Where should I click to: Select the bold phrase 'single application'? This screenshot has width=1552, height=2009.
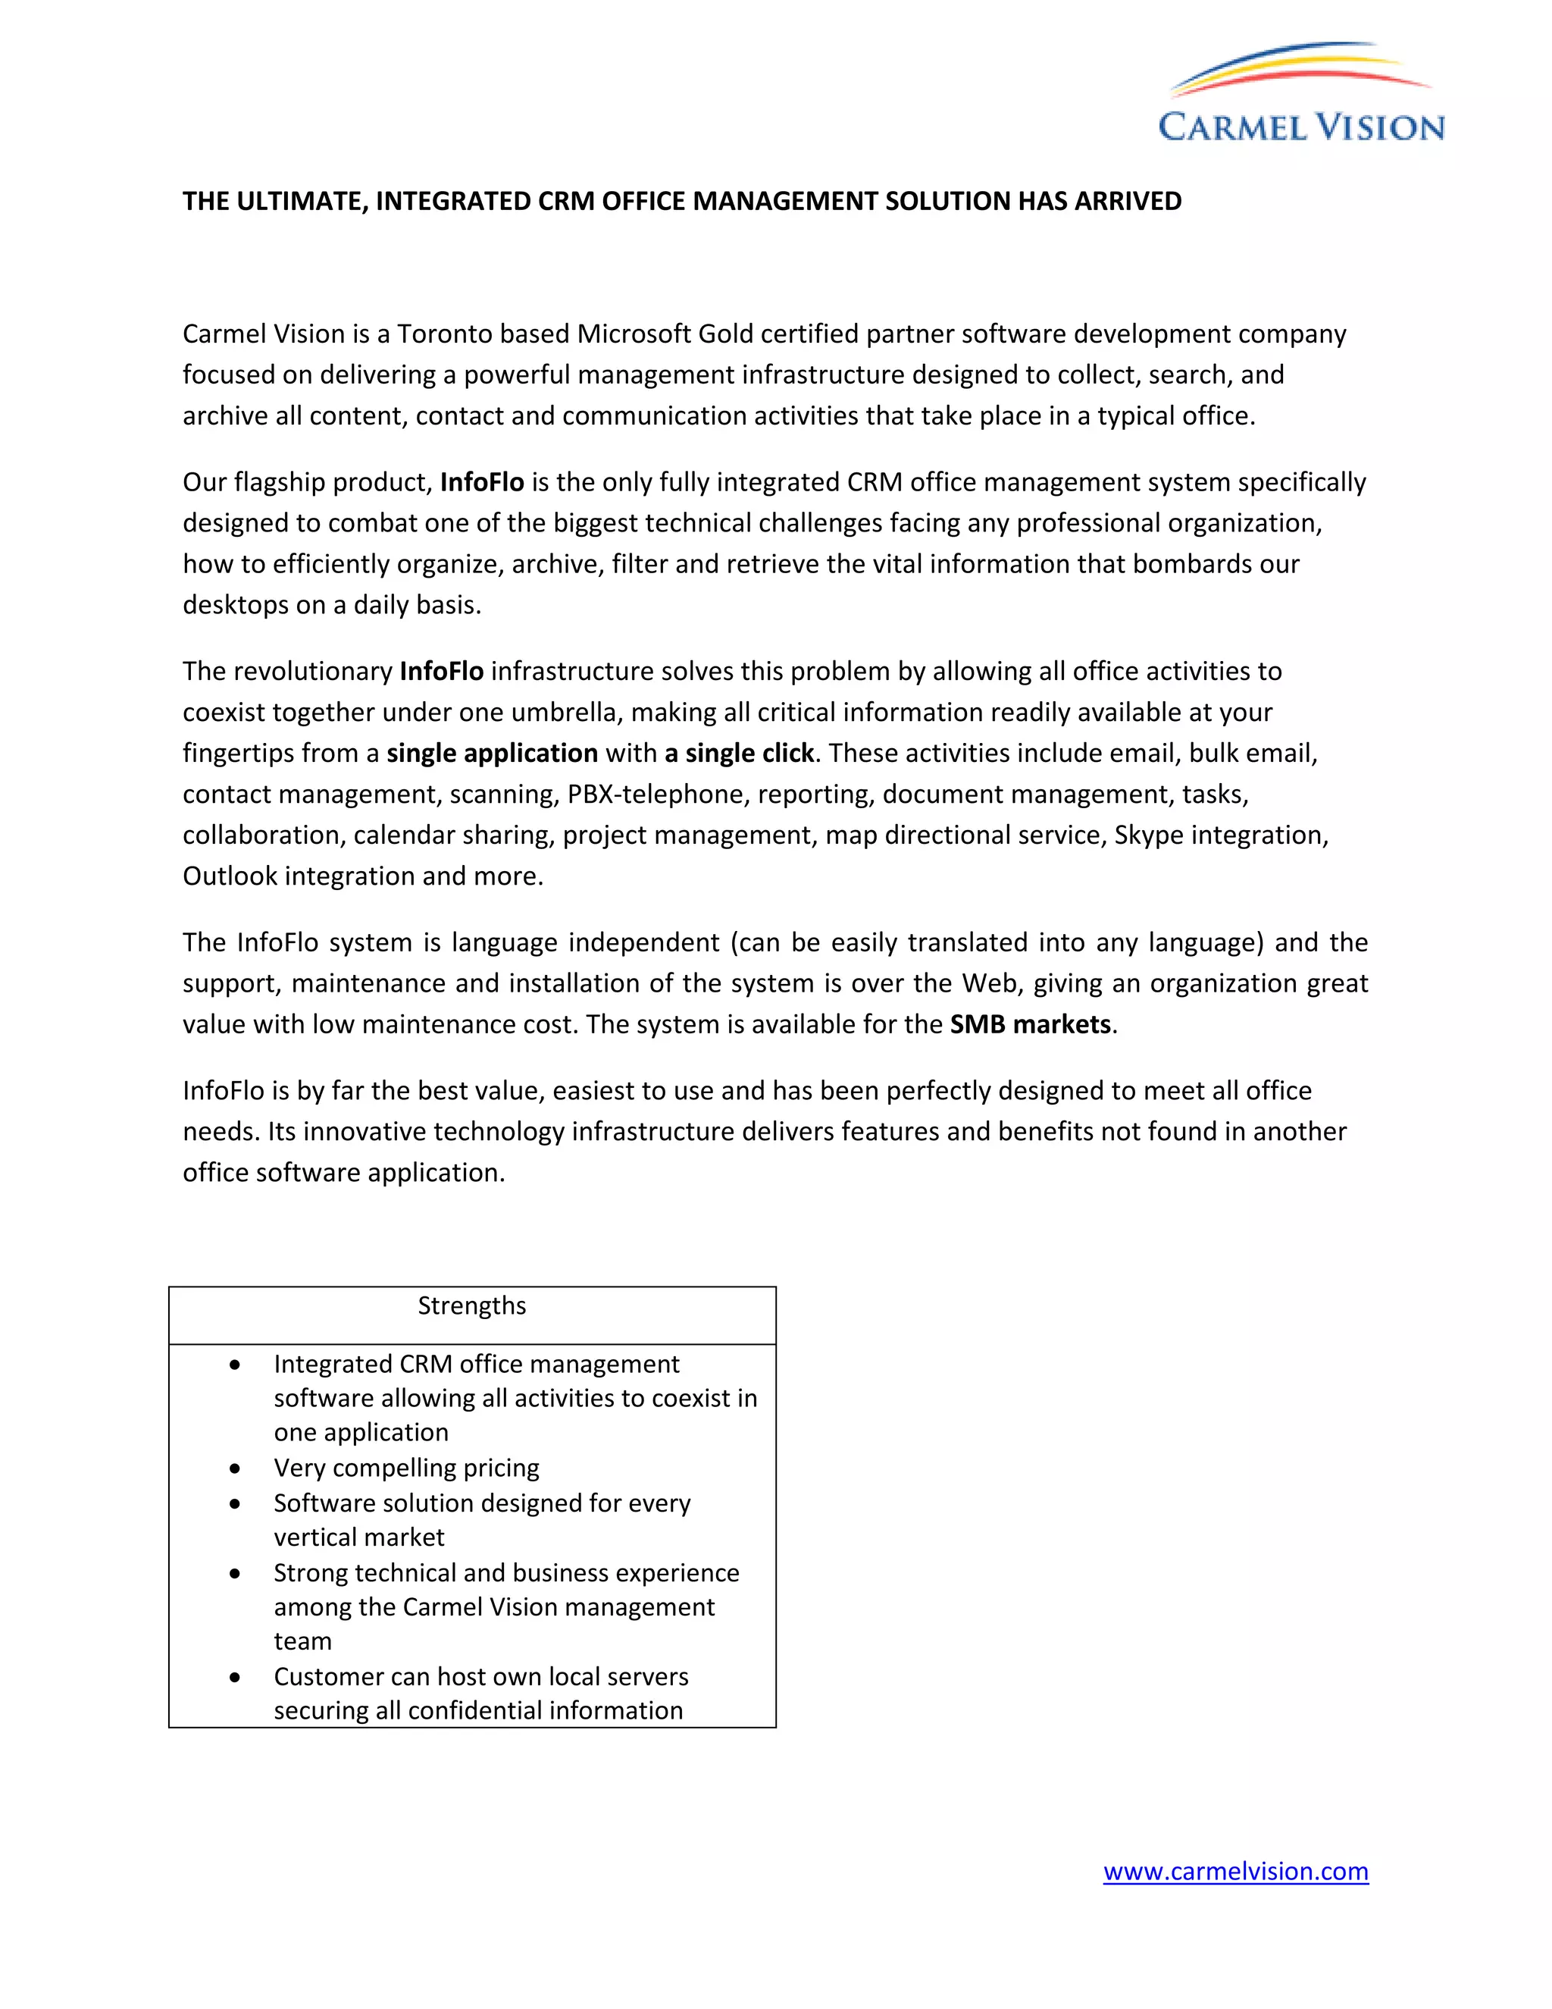[492, 754]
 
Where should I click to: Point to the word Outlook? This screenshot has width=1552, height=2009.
[230, 876]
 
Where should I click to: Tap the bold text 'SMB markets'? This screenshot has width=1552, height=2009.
[1030, 1025]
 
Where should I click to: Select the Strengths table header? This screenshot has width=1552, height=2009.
[471, 1306]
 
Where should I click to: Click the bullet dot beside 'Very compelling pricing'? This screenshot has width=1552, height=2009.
[236, 1469]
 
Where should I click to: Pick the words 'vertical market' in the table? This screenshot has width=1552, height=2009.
[358, 1537]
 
